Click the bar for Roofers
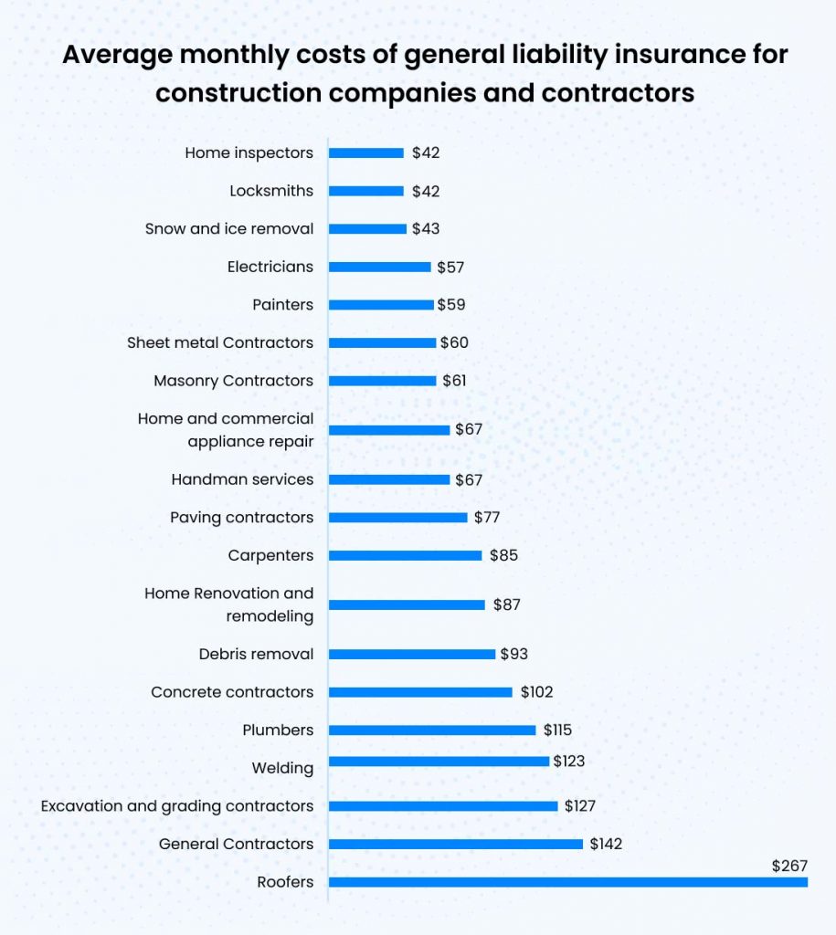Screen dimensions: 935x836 (567, 882)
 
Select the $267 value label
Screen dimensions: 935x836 (789, 865)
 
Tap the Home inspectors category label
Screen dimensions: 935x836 (249, 152)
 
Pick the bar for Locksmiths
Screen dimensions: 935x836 (365, 191)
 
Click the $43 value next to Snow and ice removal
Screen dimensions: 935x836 (425, 229)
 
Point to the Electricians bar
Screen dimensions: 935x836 (379, 267)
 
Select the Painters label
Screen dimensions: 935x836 (282, 305)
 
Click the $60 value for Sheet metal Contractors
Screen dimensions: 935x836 (454, 342)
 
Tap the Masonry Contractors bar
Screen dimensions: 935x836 (382, 381)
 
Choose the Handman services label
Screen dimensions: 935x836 (242, 479)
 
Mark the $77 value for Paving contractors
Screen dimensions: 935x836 (486, 518)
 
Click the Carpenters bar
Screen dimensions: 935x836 (405, 555)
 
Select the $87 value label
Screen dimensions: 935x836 (507, 604)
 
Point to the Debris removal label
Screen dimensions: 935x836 (256, 654)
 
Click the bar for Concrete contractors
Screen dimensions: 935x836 (420, 692)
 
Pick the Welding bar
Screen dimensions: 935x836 (439, 761)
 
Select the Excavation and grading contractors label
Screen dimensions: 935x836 (177, 806)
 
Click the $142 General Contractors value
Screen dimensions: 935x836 (605, 844)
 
